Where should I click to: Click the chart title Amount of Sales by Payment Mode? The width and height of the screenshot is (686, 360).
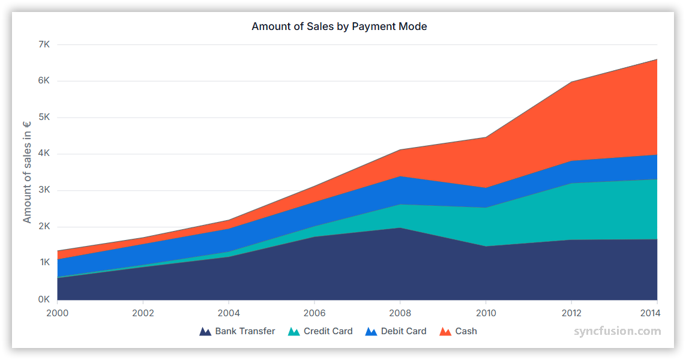point(339,26)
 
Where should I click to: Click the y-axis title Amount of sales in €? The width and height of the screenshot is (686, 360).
point(27,172)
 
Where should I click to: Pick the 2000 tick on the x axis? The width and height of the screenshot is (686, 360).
point(57,313)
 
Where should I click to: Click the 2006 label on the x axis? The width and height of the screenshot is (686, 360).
point(314,313)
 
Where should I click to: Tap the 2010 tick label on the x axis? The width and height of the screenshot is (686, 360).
point(486,313)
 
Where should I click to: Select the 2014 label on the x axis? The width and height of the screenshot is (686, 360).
point(650,313)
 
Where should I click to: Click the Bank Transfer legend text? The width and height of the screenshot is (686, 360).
point(245,331)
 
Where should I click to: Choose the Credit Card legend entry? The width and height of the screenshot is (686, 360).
point(328,331)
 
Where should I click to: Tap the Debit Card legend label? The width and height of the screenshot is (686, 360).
point(403,331)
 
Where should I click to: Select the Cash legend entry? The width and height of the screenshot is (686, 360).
point(466,331)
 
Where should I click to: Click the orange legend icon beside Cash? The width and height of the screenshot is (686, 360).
point(445,332)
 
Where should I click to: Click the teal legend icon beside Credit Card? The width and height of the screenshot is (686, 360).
point(293,332)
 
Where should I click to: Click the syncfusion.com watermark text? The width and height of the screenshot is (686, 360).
point(617,331)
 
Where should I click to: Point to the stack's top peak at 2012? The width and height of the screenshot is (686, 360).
point(571,82)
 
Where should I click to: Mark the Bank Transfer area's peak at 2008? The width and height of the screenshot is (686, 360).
point(400,228)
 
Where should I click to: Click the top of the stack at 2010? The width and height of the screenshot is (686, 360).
point(486,137)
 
